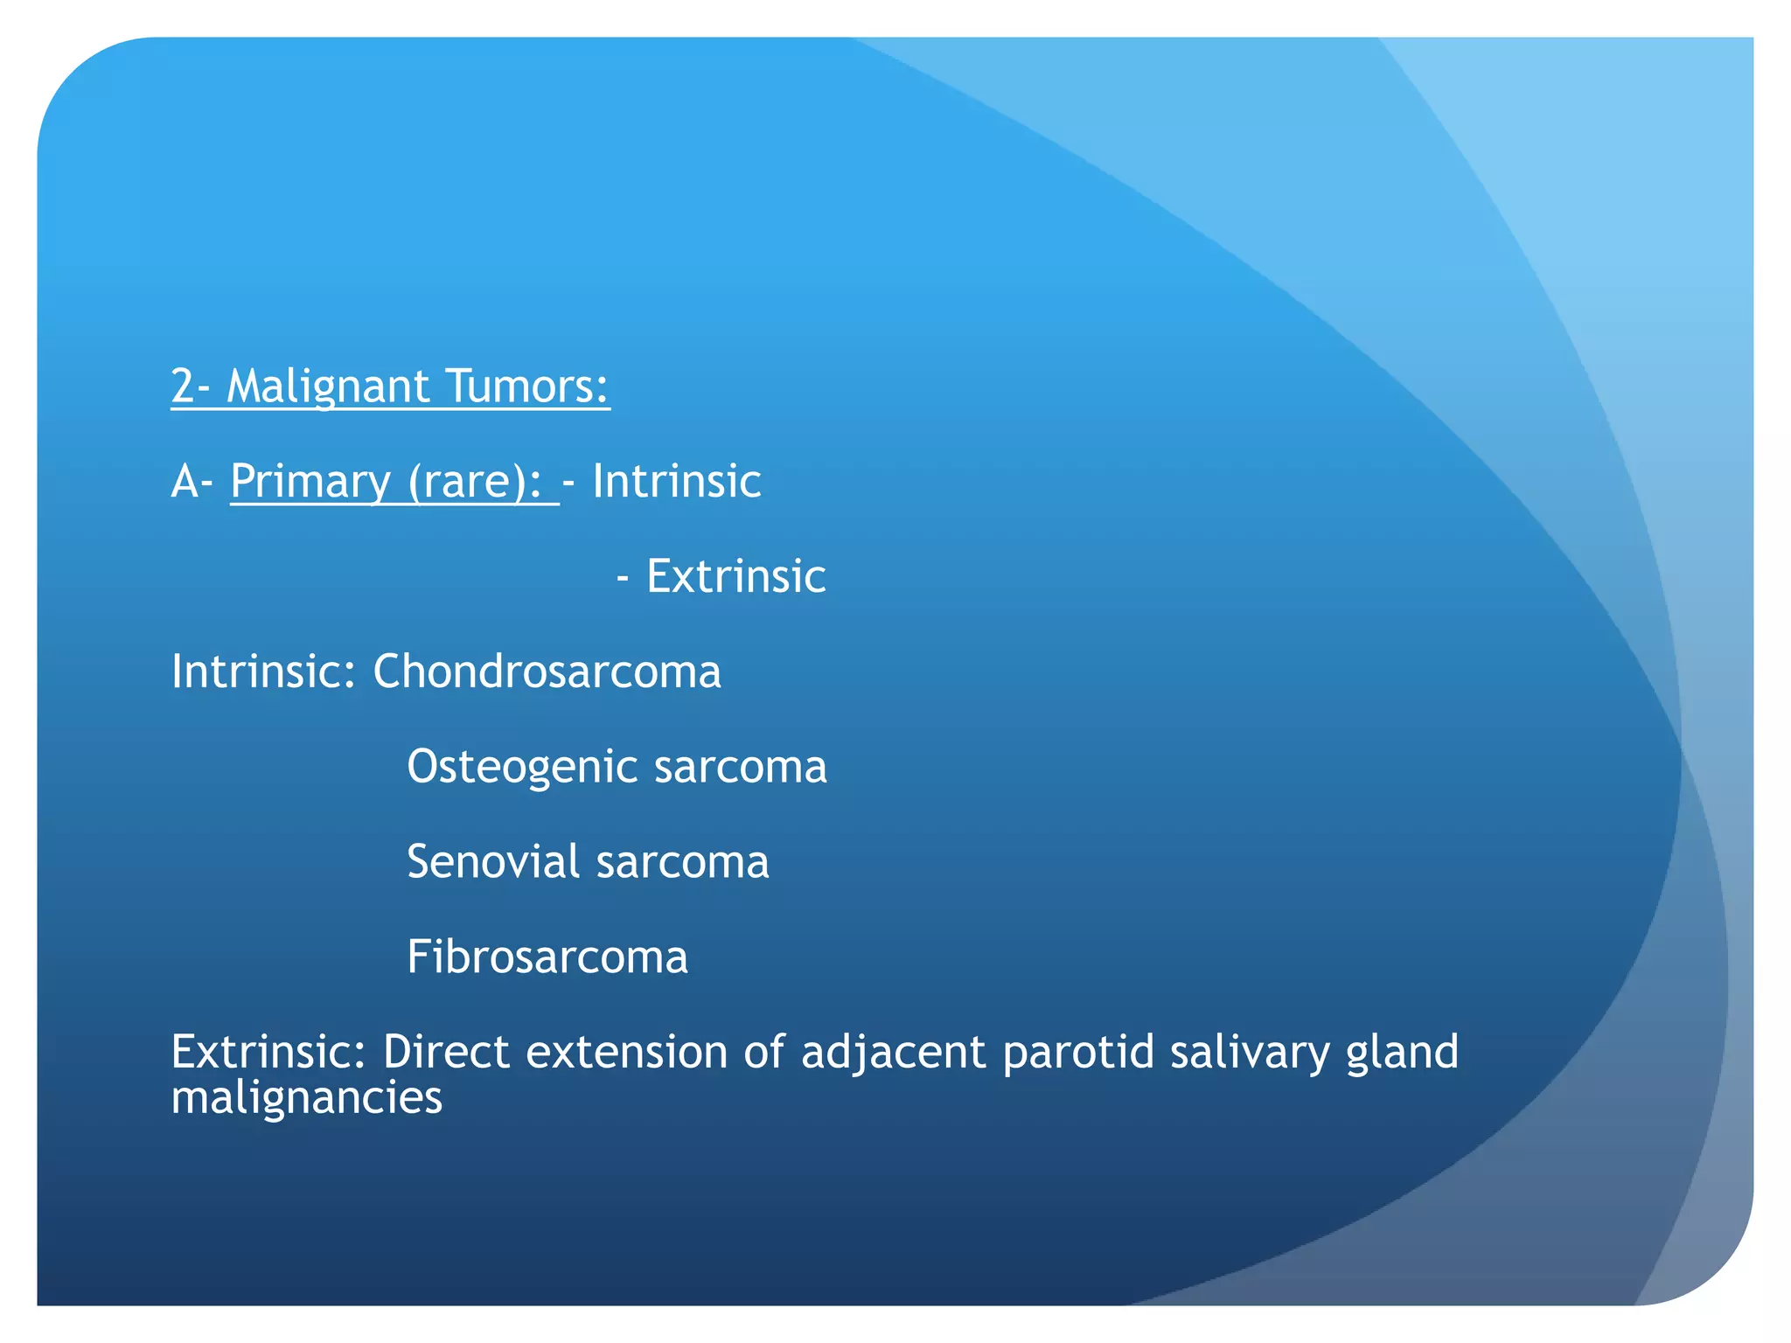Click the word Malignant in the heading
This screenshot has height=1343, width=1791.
point(327,386)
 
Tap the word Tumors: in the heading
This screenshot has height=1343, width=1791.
point(526,386)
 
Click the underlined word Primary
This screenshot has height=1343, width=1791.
point(310,482)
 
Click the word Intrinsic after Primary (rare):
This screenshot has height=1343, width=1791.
point(676,482)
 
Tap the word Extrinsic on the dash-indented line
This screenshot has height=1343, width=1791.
point(735,577)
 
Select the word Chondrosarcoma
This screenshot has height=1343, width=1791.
point(547,672)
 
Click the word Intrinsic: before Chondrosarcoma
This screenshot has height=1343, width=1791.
point(263,672)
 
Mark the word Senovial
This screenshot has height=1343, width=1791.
point(493,863)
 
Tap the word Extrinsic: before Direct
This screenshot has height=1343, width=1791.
point(268,1052)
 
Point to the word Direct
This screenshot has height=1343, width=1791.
point(445,1052)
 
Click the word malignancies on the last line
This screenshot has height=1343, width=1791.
point(307,1098)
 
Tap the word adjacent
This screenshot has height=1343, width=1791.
point(893,1052)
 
